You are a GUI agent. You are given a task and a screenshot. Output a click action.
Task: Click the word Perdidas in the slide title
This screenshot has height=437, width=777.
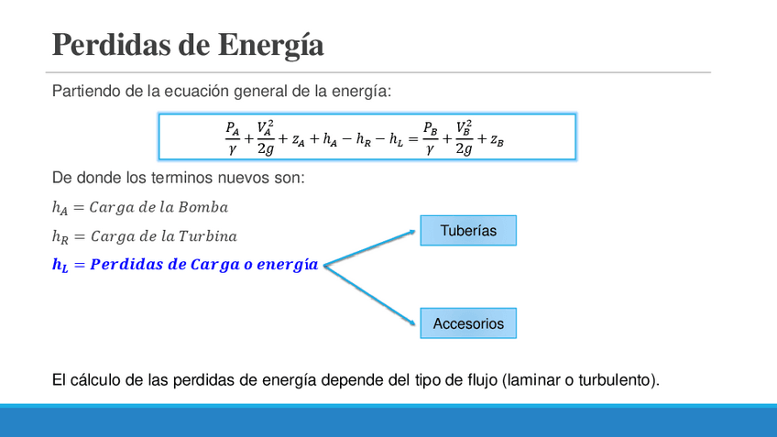pyautogui.click(x=106, y=44)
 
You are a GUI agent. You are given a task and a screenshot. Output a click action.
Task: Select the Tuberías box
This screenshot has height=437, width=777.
pyautogui.click(x=468, y=231)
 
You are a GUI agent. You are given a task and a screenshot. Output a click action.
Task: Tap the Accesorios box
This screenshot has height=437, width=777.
pyautogui.click(x=468, y=323)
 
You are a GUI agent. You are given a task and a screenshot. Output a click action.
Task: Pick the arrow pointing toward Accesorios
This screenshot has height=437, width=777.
pyautogui.click(x=371, y=294)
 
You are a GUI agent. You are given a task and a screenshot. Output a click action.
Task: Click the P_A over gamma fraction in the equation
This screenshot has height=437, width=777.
pyautogui.click(x=232, y=137)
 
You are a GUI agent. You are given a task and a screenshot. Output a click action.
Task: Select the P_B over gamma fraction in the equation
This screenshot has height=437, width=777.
pyautogui.click(x=430, y=137)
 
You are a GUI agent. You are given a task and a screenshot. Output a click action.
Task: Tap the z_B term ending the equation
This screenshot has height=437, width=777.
pyautogui.click(x=497, y=140)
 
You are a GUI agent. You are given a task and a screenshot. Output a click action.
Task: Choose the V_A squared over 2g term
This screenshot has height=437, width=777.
pyautogui.click(x=265, y=137)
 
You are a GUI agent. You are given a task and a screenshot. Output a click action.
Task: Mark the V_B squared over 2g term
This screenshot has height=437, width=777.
pyautogui.click(x=464, y=137)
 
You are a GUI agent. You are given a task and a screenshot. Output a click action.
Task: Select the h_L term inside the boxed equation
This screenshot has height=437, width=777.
pyautogui.click(x=394, y=140)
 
